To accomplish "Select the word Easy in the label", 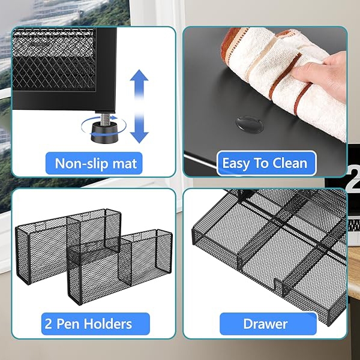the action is click(235, 164).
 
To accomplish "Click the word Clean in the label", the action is click(290, 163).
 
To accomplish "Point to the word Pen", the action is click(68, 324).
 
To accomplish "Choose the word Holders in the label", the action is click(107, 324).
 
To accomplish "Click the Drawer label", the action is click(265, 324).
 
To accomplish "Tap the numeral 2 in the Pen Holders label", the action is click(48, 324).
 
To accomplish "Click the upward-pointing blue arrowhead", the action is click(139, 76).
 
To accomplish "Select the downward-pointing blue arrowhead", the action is click(139, 137).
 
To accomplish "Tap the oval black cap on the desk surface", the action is click(250, 124).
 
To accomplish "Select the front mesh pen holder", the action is click(119, 266).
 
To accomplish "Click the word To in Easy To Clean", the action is click(260, 163).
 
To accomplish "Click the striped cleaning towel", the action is click(283, 76).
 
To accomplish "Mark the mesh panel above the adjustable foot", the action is click(54, 59).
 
